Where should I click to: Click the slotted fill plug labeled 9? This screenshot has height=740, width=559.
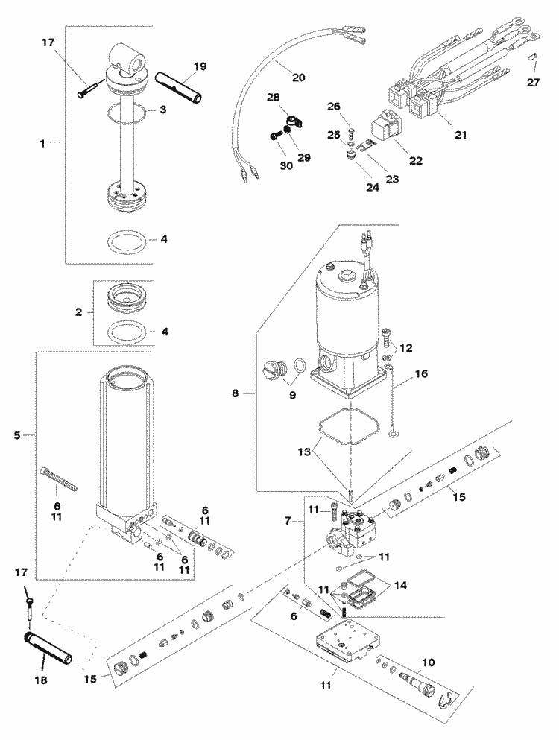(275, 369)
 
